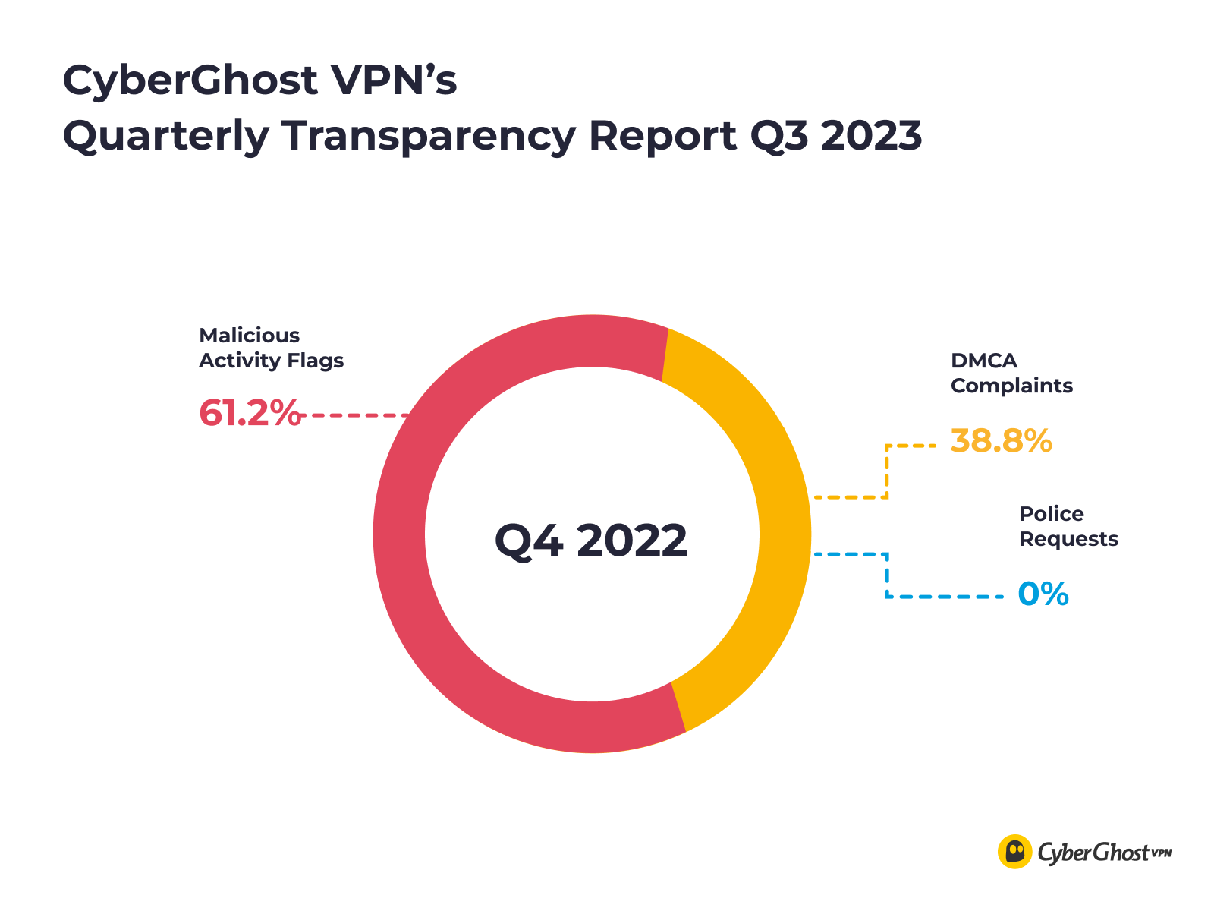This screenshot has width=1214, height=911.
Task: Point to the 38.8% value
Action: tap(1001, 441)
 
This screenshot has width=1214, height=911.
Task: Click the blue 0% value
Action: tap(1043, 594)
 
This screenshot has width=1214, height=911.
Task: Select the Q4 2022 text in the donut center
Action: tap(591, 541)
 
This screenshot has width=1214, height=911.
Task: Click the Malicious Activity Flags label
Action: tap(271, 348)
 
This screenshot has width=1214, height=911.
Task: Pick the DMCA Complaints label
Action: tap(1011, 373)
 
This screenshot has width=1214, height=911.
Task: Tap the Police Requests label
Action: tap(1068, 526)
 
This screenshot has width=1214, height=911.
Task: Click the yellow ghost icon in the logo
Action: tap(1014, 852)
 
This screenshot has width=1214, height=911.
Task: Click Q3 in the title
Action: tap(772, 137)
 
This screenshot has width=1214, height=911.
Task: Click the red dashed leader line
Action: tap(357, 415)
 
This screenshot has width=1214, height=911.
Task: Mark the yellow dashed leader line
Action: tap(886, 471)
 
